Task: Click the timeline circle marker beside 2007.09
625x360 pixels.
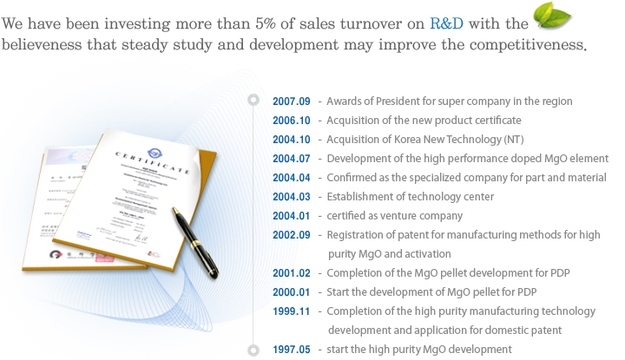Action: click(253, 98)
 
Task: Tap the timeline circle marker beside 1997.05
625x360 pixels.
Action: click(253, 350)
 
